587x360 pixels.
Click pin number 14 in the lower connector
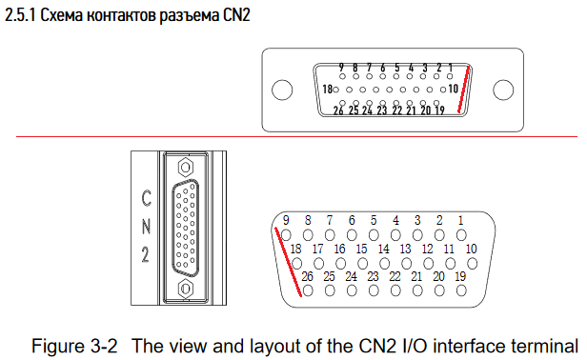383,249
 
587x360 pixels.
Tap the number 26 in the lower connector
307,276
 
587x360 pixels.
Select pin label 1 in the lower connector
461,220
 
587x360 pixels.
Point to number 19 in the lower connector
460,276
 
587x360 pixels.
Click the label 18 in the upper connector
327,90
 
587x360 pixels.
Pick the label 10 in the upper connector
453,89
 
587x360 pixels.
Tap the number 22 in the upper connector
396,110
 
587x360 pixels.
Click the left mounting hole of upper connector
282,90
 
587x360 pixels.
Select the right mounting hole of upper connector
503,90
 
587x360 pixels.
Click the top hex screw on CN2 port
185,167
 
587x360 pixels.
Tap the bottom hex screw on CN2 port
185,289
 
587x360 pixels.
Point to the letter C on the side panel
147,198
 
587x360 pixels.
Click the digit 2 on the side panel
146,254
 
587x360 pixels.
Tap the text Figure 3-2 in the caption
74,346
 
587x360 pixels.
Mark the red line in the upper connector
464,90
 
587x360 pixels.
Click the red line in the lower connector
288,262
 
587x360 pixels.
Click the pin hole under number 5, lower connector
374,235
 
